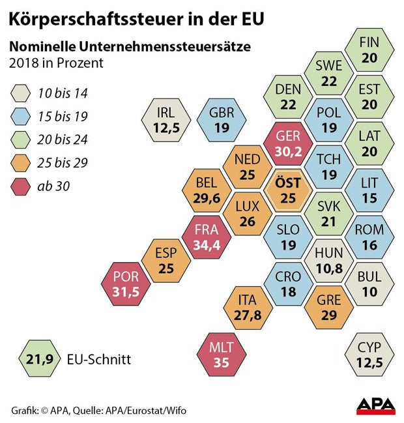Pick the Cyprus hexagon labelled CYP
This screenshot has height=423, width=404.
pos(369,353)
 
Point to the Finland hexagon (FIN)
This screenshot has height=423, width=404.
pos(369,50)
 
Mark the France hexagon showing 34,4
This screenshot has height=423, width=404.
pos(207,238)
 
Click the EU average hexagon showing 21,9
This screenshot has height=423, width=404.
pos(39,358)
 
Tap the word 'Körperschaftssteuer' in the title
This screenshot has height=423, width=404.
pos(85,18)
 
